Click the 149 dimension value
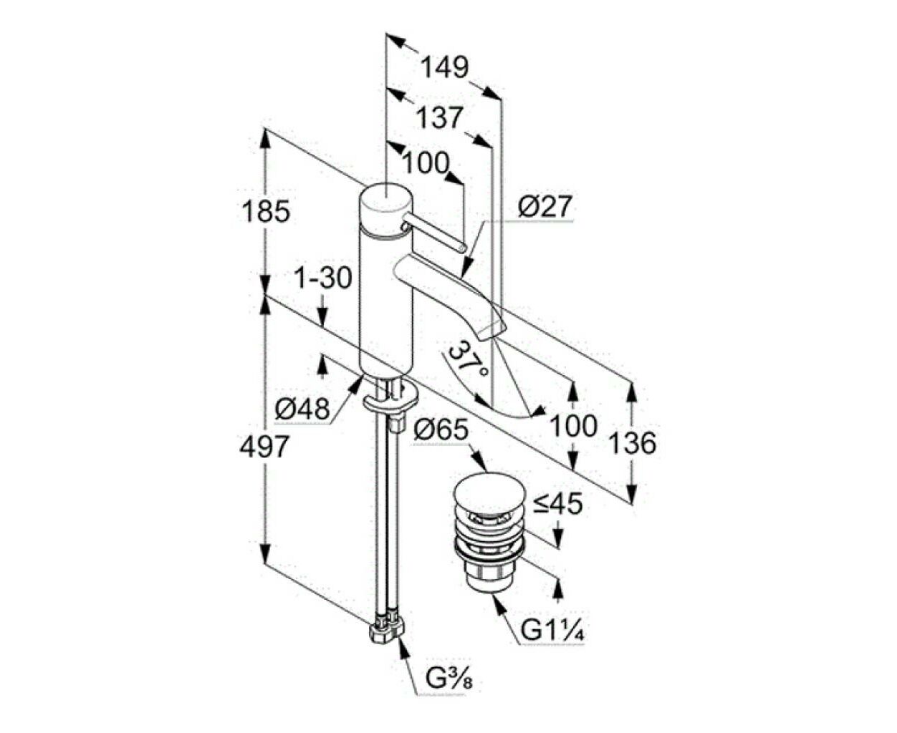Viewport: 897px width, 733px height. (444, 67)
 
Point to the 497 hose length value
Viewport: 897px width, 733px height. (264, 446)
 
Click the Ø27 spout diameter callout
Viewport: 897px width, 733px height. (545, 207)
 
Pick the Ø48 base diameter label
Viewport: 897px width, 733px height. (302, 409)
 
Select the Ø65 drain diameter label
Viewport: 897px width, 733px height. (441, 430)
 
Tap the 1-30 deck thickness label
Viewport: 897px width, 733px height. (323, 278)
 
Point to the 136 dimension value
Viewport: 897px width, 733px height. (633, 443)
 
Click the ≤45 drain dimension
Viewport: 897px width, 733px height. (557, 505)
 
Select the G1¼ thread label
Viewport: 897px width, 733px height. (552, 643)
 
